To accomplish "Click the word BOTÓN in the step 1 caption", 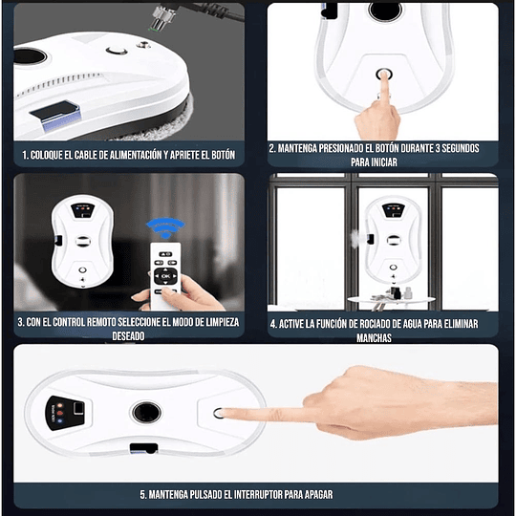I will click(x=217, y=154).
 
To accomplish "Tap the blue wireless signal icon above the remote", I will click(x=163, y=229).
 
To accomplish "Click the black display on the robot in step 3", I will click(x=81, y=208).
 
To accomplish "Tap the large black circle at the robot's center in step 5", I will click(x=145, y=413).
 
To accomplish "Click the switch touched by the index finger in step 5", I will click(x=219, y=414).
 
